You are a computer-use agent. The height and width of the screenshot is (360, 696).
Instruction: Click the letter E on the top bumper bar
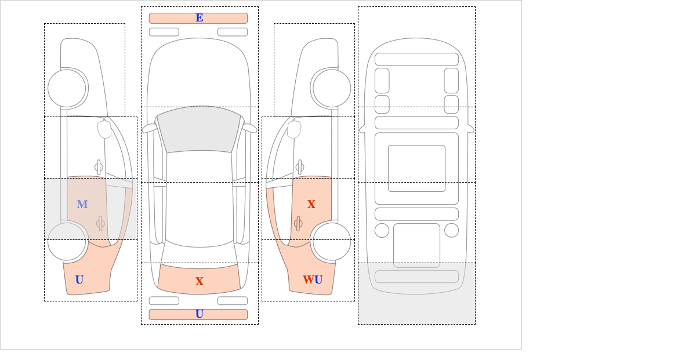[x=200, y=18]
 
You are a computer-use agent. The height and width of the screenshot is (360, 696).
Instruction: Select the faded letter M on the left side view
[x=82, y=204]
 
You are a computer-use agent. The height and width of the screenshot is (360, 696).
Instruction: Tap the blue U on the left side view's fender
[x=79, y=279]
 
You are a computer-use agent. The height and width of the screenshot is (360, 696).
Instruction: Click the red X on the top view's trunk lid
[x=200, y=281]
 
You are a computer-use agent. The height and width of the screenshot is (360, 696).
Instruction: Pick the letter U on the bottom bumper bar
[x=200, y=314]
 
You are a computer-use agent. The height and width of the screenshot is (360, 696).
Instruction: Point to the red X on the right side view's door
[x=311, y=204]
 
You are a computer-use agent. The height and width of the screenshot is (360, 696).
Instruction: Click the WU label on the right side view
[x=313, y=279]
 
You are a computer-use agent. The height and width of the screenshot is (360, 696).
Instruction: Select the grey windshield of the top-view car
[x=199, y=129]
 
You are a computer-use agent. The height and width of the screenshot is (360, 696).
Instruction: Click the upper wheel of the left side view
[x=67, y=88]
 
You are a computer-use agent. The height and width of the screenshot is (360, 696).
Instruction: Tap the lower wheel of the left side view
[x=67, y=241]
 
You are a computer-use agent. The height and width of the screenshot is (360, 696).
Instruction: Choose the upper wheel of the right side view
[x=332, y=88]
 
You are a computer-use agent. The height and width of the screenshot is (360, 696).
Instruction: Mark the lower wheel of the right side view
[x=332, y=241]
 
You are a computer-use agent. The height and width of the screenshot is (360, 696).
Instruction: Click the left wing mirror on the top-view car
[x=150, y=128]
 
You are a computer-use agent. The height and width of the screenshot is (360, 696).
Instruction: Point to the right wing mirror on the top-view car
[x=249, y=128]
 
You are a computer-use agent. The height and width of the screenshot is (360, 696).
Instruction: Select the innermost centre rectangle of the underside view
[x=416, y=168]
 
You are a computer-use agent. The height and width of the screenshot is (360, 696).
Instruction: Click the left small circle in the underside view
[x=382, y=231]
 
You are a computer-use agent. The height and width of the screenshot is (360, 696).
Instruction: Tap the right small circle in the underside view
[x=451, y=231]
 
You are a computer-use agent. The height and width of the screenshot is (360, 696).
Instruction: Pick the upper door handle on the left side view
[x=99, y=168]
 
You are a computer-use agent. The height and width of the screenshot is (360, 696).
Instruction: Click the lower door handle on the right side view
[x=298, y=223]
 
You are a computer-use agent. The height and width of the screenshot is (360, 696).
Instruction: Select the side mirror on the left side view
[x=104, y=129]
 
